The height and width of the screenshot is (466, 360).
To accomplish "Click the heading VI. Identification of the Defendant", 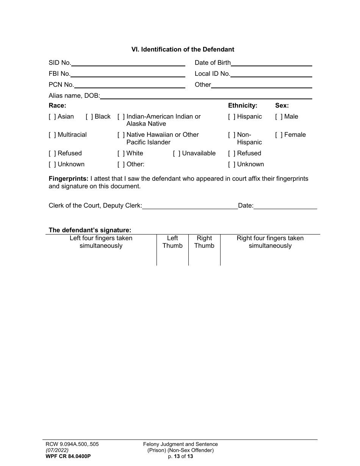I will tap(183, 49).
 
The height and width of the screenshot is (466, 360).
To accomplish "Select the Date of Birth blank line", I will tap(271, 64).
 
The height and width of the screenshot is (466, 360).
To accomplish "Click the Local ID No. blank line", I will tap(271, 75).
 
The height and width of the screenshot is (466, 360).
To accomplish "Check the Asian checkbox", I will tap(52, 117).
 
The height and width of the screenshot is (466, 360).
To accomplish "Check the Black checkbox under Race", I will tap(89, 117).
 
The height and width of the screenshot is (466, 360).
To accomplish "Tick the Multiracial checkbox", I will tap(52, 135).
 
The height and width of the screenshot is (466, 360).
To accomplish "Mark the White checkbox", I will tap(121, 153).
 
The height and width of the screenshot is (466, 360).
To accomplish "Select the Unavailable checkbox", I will tap(177, 153).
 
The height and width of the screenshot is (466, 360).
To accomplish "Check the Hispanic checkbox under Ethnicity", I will tap(232, 117).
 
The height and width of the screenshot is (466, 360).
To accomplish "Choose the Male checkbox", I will tap(279, 117).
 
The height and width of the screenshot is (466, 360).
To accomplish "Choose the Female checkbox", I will tap(279, 135).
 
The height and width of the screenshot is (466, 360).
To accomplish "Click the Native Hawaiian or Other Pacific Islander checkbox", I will tap(121, 135).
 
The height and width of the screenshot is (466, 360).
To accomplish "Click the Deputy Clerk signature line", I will tap(190, 206).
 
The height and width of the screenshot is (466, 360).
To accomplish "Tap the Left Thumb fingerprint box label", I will tap(172, 242).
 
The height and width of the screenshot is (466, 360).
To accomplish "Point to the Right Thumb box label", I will tap(204, 242).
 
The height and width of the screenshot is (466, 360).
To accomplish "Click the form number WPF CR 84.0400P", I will tap(66, 456).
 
